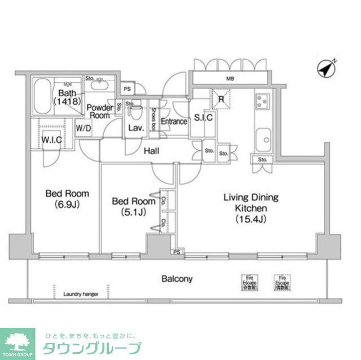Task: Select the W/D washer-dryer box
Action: (x=83, y=128)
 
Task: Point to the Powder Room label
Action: (x=99, y=111)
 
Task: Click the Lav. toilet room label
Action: (x=136, y=128)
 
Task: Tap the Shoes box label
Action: (x=153, y=118)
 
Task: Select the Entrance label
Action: (x=174, y=121)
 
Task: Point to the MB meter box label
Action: (x=231, y=79)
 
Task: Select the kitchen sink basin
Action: (x=263, y=139)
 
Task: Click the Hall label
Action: (x=151, y=151)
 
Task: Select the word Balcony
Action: (x=177, y=279)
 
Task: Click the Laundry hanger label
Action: (x=81, y=294)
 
